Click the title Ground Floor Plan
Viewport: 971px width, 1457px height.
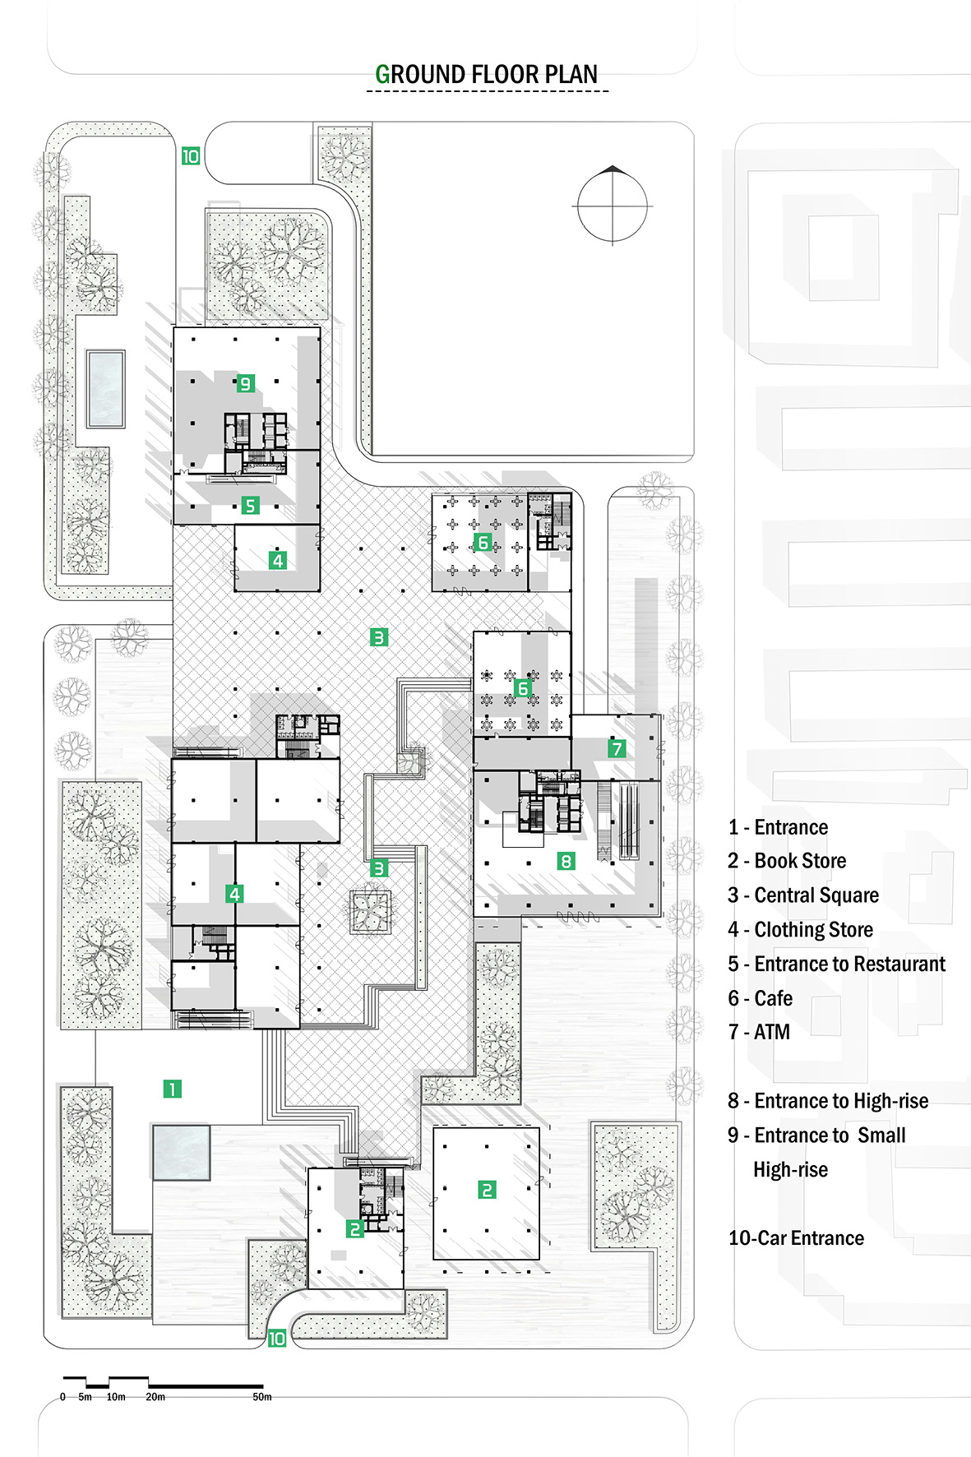(487, 75)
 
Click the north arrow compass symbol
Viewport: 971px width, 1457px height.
(613, 206)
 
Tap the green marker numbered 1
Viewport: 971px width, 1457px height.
(172, 1089)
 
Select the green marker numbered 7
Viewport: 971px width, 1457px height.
(617, 748)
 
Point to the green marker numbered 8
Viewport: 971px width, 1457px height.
(566, 861)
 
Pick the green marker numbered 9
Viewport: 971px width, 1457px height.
(245, 383)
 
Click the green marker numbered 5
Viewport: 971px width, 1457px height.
(251, 506)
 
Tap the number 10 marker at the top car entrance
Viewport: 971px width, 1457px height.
(191, 156)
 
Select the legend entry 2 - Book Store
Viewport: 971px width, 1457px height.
(787, 861)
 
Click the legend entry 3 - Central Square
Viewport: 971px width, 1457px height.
(803, 895)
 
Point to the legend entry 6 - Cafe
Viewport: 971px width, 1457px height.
(761, 998)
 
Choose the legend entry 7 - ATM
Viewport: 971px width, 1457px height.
(759, 1032)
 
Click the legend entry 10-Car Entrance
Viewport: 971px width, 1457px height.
(796, 1238)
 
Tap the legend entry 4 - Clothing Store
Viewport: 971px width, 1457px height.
(801, 930)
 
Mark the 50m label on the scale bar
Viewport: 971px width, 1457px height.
(262, 1397)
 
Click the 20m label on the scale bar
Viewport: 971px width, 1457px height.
(155, 1397)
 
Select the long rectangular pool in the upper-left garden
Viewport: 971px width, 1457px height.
(106, 389)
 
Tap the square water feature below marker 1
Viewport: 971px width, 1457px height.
(181, 1153)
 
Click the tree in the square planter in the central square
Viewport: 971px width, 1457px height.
(370, 911)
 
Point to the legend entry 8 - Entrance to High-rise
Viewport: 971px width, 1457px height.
(828, 1101)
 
